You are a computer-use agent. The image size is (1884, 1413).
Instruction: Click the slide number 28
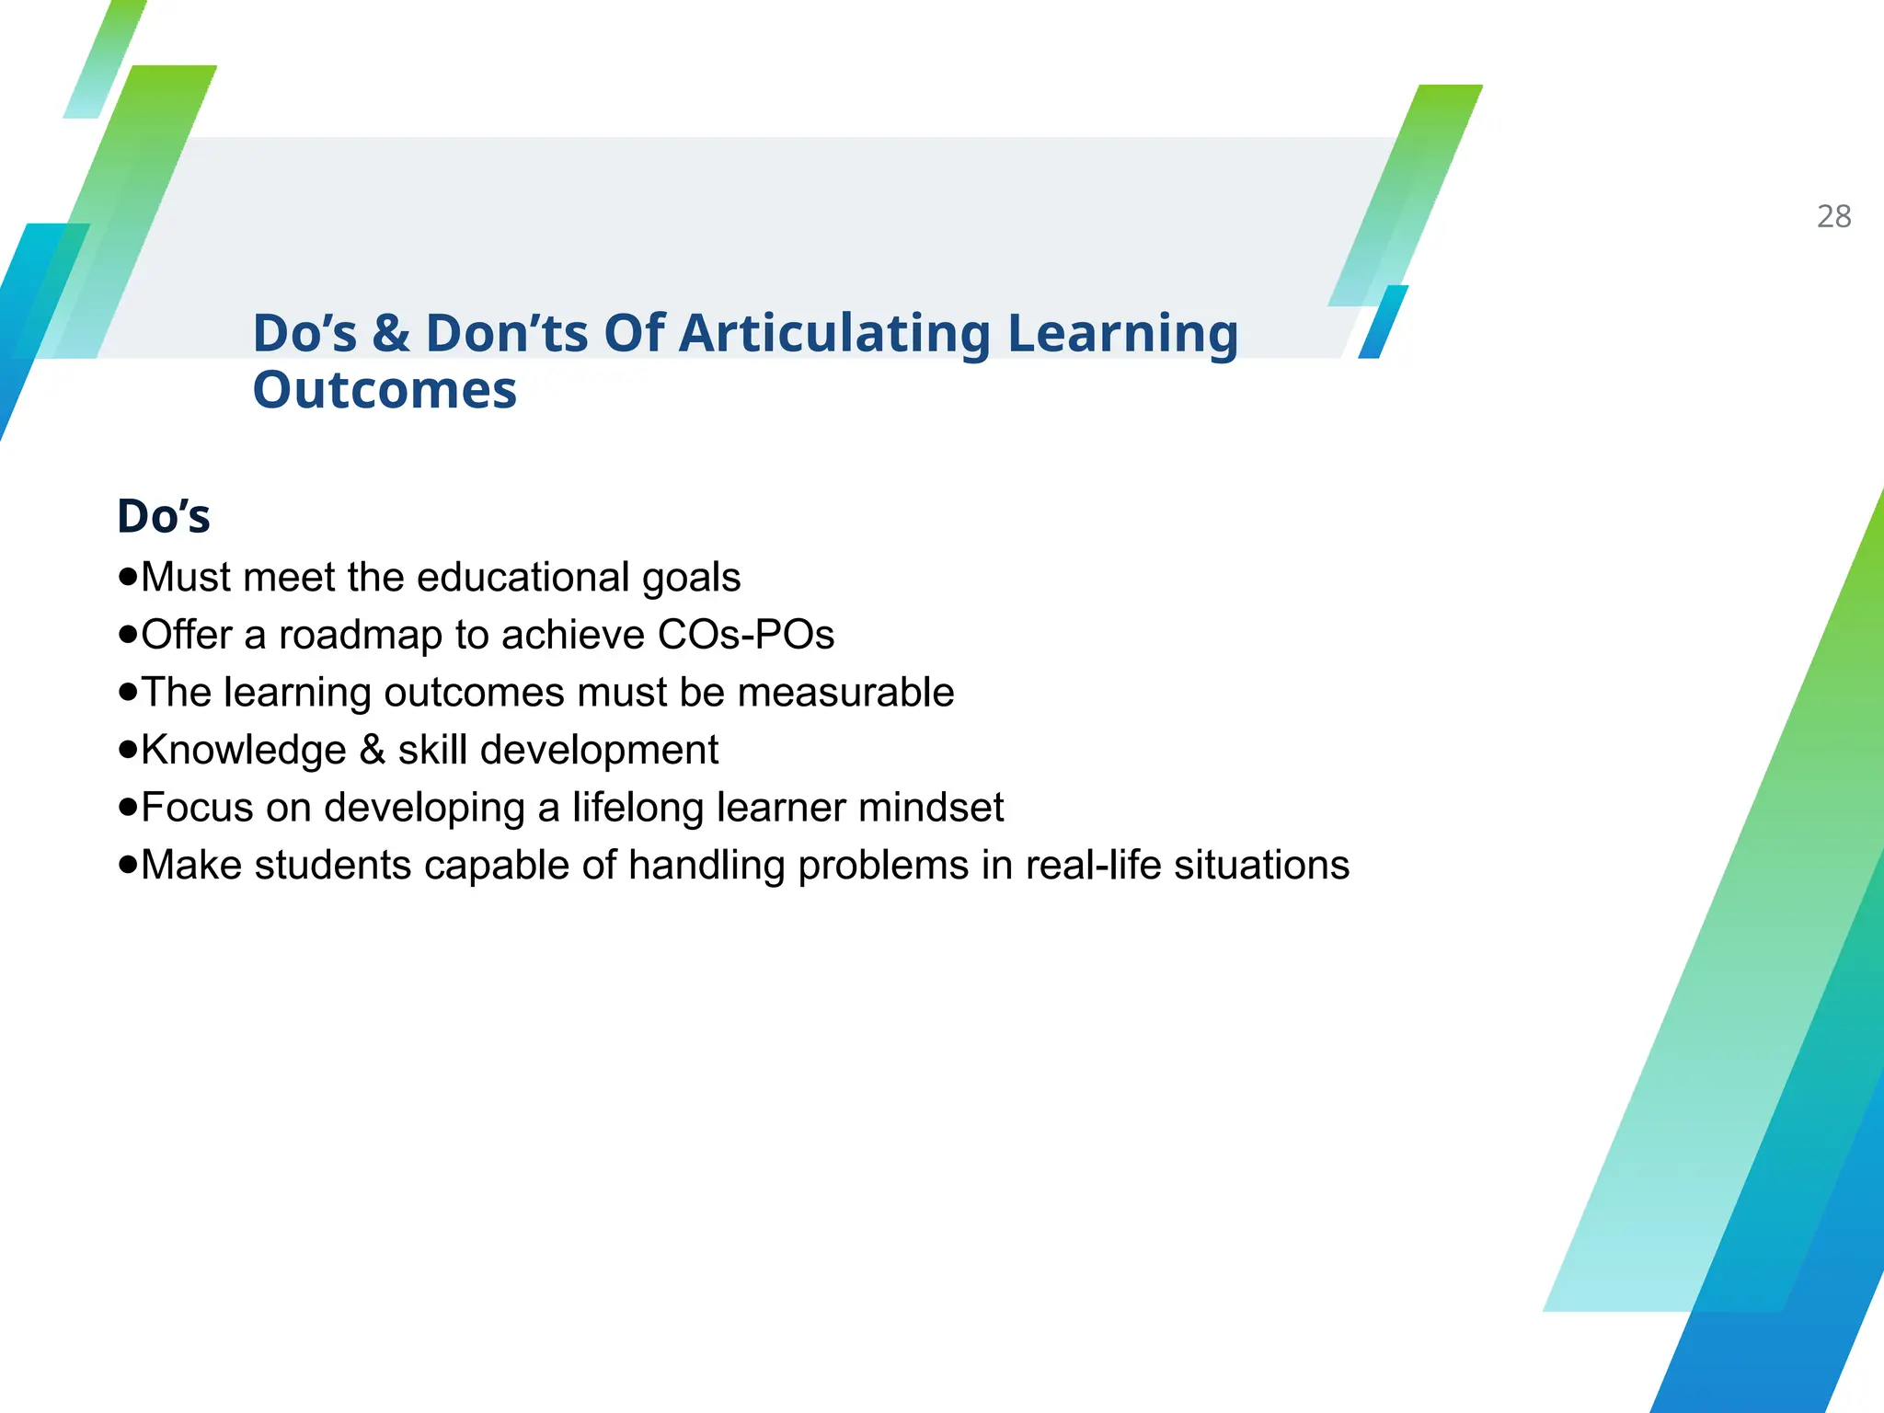(x=1833, y=216)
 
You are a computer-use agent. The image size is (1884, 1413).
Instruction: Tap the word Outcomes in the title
(x=385, y=390)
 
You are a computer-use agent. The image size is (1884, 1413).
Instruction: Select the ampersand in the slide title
(x=391, y=333)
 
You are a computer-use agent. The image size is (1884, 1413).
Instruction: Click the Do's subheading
(x=164, y=516)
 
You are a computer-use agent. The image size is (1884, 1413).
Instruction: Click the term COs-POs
(x=746, y=635)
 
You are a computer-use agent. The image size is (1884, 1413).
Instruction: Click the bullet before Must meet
(x=128, y=578)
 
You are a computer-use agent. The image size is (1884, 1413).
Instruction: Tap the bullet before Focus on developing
(x=128, y=808)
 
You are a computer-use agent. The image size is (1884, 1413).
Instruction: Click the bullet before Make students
(x=128, y=865)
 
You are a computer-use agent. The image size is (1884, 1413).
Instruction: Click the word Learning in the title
(x=1123, y=333)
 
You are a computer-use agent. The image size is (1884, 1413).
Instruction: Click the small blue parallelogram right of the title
(x=1384, y=322)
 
